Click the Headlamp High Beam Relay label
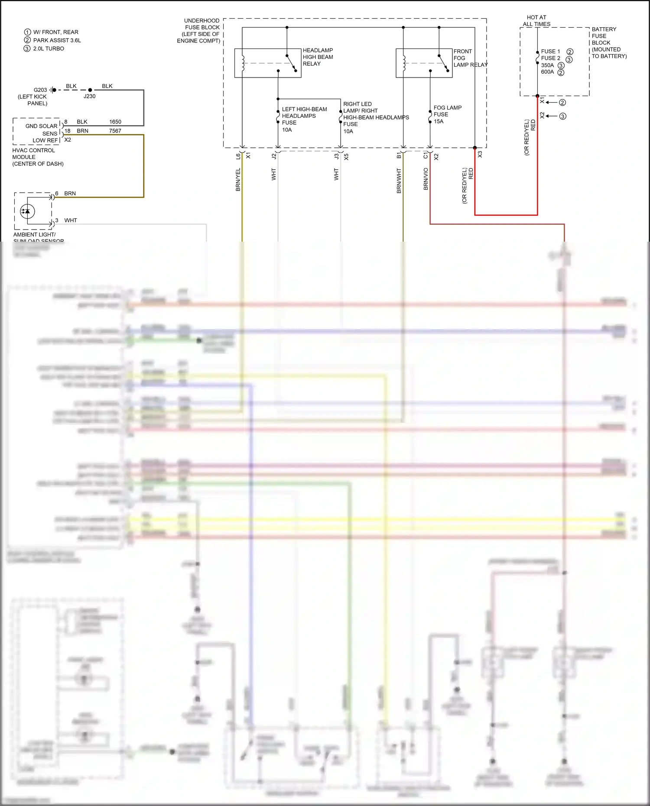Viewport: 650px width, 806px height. (318, 57)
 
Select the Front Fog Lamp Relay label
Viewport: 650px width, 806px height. (470, 58)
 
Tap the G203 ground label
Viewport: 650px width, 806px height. (40, 90)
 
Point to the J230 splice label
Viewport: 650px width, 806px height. (89, 96)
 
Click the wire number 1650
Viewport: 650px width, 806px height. (115, 122)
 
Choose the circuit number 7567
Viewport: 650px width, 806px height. (115, 131)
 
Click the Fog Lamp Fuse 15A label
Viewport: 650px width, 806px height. (447, 114)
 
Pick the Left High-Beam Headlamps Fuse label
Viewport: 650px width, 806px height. (304, 119)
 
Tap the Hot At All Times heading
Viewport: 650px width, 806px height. (536, 21)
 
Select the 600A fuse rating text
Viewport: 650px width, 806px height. (547, 72)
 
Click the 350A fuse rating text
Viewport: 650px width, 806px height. (547, 65)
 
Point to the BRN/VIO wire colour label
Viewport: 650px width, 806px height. (426, 179)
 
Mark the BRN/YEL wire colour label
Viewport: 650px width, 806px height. (238, 180)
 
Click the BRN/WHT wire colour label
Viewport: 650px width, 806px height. (399, 181)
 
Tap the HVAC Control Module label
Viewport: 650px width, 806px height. (38, 157)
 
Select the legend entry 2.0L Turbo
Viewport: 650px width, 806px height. (49, 49)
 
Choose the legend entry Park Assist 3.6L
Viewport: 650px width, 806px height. (57, 40)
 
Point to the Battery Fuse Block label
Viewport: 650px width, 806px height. (608, 42)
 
